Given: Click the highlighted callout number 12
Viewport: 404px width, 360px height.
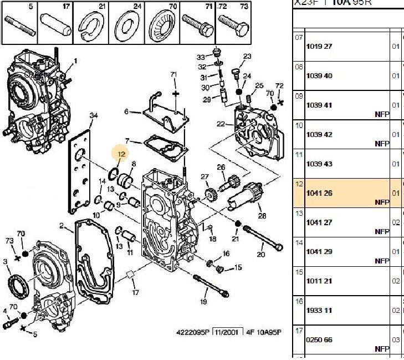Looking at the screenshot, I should point(120,154).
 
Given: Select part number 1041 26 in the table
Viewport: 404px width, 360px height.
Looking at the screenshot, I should point(319,193).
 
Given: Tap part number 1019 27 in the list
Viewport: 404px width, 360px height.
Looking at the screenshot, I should point(319,46).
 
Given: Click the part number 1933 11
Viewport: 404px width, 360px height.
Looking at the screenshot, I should point(319,311).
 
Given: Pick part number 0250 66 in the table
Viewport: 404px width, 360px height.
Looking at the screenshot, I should point(319,340).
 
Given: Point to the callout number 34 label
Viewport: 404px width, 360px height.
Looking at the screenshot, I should point(94,115).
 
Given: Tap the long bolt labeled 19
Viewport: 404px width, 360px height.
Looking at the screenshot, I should point(209,283).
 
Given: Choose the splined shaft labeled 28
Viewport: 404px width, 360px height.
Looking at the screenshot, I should point(253,194).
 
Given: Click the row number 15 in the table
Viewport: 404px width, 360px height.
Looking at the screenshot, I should point(299,272).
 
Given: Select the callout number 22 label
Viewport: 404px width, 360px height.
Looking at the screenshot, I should point(221,124).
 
